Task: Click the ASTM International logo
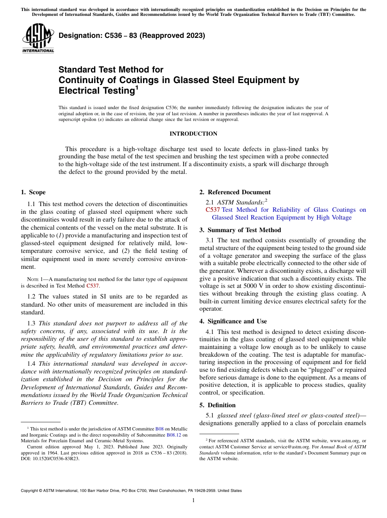(x=38, y=38)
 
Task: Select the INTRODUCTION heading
(x=193, y=134)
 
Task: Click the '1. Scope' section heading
(x=33, y=192)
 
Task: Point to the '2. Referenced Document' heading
(x=235, y=192)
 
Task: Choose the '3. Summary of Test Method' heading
(x=240, y=230)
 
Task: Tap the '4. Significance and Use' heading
(x=233, y=321)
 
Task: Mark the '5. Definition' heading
(x=218, y=405)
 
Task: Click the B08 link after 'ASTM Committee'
(x=159, y=429)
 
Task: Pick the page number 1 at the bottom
(x=193, y=500)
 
